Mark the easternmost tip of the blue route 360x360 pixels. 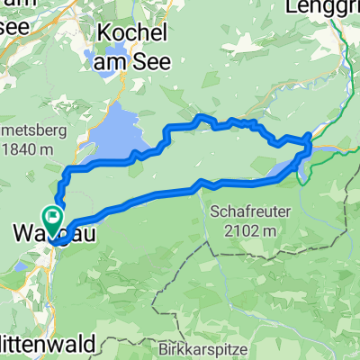tap(311, 136)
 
